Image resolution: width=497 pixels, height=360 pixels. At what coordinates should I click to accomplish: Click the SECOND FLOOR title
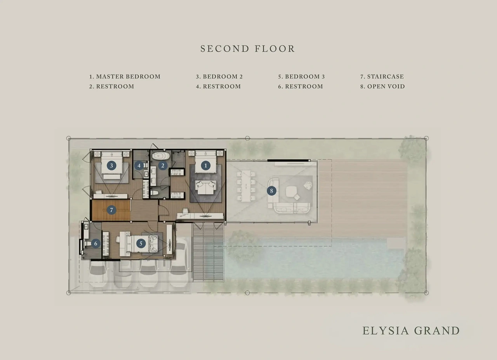(x=248, y=49)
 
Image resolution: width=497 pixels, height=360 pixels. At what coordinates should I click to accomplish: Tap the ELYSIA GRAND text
(x=411, y=330)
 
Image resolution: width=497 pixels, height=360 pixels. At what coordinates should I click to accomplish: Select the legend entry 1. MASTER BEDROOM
(x=125, y=77)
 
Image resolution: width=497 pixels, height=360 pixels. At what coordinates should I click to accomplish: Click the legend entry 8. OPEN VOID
(x=382, y=86)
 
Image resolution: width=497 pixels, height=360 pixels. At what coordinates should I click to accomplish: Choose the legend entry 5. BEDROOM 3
(x=302, y=77)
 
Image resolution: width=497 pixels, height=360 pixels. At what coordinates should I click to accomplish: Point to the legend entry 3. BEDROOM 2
(x=219, y=77)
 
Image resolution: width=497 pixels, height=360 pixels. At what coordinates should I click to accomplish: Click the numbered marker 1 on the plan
(x=205, y=165)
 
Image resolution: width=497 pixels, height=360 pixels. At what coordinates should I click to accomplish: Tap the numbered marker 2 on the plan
(x=163, y=165)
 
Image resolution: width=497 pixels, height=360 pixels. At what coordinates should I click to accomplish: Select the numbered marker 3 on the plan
(x=111, y=165)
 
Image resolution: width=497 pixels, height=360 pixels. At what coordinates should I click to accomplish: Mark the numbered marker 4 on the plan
(x=139, y=165)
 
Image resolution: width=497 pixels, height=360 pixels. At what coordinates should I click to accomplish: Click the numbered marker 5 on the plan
(x=141, y=243)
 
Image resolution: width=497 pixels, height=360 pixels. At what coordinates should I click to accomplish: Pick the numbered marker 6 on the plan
(x=96, y=243)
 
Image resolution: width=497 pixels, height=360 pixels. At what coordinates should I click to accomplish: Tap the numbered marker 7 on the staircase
(x=111, y=210)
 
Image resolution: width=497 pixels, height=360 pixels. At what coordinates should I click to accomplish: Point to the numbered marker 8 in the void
(x=271, y=191)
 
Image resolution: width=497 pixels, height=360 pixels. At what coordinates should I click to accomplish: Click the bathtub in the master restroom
(x=161, y=156)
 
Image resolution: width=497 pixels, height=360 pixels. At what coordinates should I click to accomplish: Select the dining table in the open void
(x=246, y=186)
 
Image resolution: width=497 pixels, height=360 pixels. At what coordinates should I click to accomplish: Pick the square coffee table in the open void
(x=292, y=191)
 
